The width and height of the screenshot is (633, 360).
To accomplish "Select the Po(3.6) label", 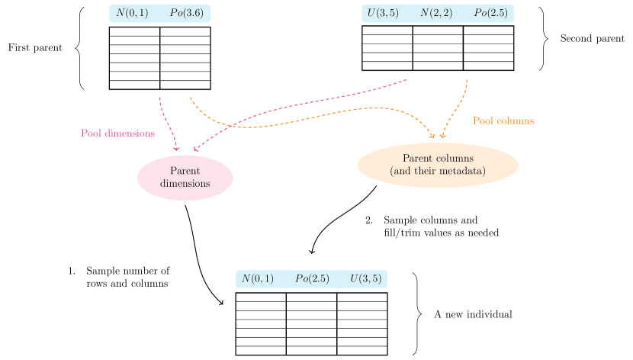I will [185, 13].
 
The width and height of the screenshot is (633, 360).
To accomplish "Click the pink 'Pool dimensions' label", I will [117, 133].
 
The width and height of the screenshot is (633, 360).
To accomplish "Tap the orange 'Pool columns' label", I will [503, 121].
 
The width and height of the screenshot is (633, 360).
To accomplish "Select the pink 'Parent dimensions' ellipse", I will [185, 177].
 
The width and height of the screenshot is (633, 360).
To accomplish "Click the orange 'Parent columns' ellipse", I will [437, 165].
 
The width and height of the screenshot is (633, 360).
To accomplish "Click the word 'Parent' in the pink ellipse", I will [185, 171].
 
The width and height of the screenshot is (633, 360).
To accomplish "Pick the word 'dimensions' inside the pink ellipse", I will [185, 184].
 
